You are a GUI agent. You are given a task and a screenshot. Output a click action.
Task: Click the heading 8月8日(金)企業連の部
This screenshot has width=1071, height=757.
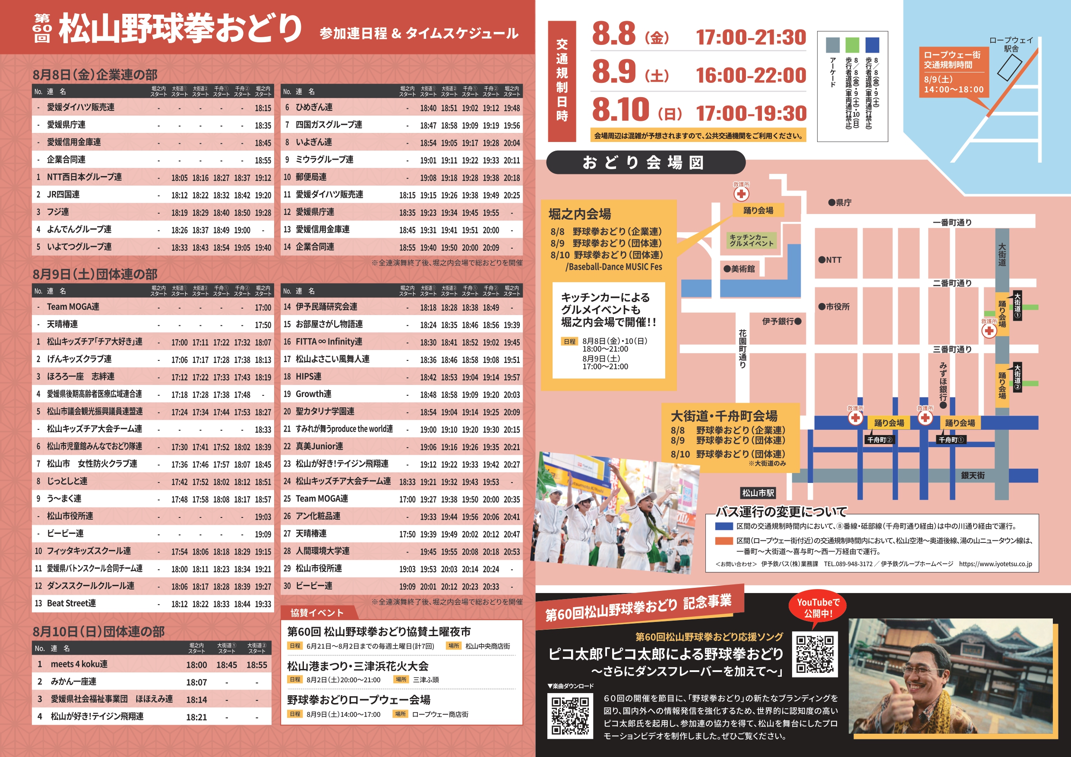coord(95,75)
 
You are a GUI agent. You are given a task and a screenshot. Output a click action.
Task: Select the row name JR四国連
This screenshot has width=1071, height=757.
coord(63,195)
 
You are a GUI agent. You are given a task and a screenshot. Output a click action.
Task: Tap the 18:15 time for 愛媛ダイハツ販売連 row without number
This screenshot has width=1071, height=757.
coord(262,108)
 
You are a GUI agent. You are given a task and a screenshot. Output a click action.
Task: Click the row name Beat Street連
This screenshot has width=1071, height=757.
coord(71,603)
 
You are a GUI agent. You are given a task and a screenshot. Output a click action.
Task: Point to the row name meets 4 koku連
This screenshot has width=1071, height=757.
coord(79,664)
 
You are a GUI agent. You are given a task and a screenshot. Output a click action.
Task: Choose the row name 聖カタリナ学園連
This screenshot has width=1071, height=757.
coord(325,411)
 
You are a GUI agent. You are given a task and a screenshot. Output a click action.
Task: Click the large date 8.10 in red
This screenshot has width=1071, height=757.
coord(620,110)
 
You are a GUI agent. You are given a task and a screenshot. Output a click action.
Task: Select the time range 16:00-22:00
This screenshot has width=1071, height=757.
coord(751,76)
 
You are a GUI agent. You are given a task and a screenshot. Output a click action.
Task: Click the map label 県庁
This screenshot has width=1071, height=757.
coord(840,202)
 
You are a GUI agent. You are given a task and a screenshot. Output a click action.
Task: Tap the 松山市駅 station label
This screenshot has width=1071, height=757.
coord(758,493)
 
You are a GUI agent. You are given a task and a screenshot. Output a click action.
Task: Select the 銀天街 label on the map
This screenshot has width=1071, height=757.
coord(973,475)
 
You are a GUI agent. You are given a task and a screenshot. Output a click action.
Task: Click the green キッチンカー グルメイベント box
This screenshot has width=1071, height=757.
coord(751,240)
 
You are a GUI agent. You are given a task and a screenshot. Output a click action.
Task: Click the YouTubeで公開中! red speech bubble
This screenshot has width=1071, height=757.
coord(818,608)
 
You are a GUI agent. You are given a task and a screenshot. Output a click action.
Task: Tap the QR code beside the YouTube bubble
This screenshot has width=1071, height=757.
coord(815,654)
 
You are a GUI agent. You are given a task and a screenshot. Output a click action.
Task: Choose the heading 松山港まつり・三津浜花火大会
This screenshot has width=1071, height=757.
coord(357,666)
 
